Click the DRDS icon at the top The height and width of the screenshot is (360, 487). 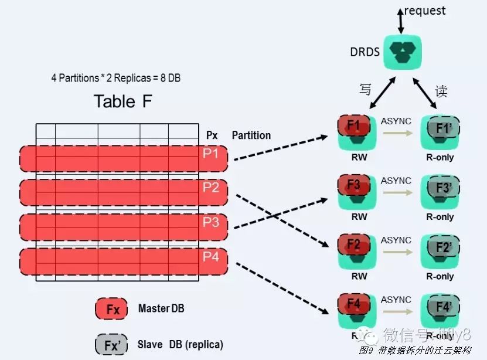(x=401, y=51)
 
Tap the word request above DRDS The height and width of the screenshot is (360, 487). (x=425, y=11)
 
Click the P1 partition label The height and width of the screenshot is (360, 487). (x=210, y=154)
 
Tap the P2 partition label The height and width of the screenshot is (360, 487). (x=210, y=188)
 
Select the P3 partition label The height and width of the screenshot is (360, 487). (x=210, y=223)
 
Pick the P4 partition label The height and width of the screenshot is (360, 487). (x=210, y=257)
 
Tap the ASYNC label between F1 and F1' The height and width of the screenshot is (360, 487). (x=396, y=121)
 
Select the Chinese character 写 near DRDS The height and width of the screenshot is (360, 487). (x=365, y=90)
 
